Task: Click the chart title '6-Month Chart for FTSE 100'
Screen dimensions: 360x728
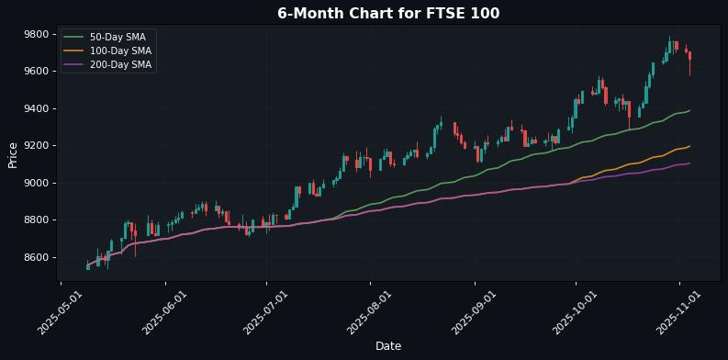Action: (x=388, y=13)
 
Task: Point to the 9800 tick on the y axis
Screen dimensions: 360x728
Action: (x=36, y=34)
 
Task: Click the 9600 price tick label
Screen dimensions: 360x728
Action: (x=36, y=71)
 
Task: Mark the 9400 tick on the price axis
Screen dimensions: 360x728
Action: (x=36, y=108)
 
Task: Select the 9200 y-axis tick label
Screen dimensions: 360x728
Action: (x=36, y=145)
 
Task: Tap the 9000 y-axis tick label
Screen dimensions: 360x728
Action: (x=36, y=183)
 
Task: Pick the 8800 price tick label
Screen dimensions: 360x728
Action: (x=36, y=219)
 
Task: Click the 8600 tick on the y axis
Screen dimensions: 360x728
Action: (x=36, y=257)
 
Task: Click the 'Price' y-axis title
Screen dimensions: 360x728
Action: (x=13, y=154)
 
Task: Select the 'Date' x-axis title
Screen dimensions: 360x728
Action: (x=388, y=346)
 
